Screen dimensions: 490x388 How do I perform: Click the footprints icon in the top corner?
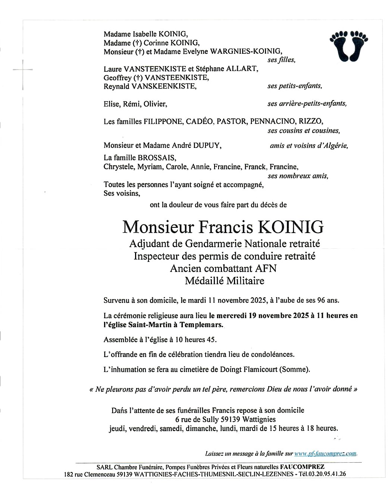[349, 46]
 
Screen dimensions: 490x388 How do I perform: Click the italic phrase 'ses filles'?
[281, 60]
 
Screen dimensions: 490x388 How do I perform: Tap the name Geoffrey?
[117, 78]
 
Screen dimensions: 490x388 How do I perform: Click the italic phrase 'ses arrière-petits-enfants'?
[307, 104]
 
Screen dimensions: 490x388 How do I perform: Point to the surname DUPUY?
[207, 146]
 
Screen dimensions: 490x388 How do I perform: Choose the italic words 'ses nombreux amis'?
[298, 176]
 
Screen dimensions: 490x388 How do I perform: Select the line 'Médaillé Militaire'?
[224, 281]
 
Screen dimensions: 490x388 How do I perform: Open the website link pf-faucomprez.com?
[325, 454]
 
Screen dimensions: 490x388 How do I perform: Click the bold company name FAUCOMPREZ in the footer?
[302, 467]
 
